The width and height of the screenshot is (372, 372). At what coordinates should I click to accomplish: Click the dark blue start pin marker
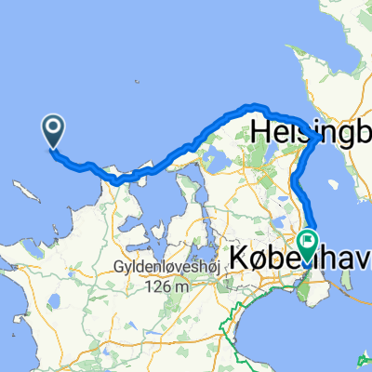click(x=53, y=131)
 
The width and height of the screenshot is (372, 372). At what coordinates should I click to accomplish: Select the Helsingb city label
click(x=307, y=127)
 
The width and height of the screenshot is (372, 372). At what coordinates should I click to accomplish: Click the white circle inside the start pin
click(x=53, y=127)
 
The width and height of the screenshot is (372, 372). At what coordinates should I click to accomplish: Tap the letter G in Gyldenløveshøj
click(x=117, y=269)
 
